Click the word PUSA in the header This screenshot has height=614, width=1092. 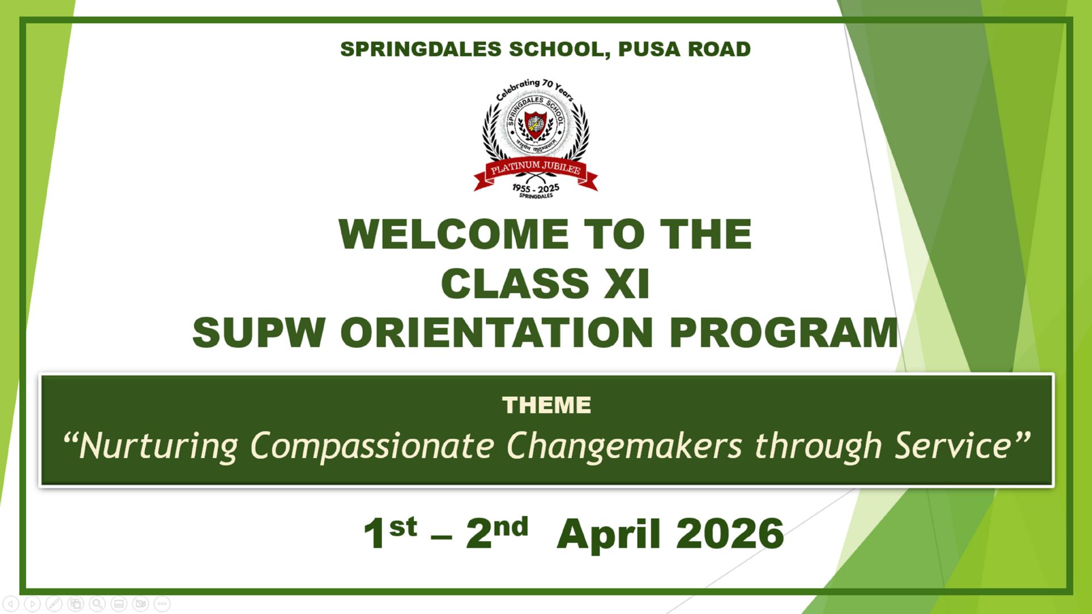(x=650, y=49)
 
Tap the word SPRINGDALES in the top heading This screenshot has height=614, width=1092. (x=420, y=49)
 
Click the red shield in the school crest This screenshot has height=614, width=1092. (x=535, y=125)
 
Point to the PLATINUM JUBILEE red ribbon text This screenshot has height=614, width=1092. (x=536, y=168)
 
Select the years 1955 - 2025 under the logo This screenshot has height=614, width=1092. (x=536, y=188)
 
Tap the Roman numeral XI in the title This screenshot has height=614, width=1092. (x=626, y=284)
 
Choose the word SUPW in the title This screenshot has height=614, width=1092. (x=259, y=333)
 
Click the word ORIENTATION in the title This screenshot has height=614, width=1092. (x=497, y=333)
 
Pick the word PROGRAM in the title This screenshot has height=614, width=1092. (x=784, y=333)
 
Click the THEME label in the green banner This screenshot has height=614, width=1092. (x=547, y=405)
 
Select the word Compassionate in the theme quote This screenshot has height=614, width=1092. (x=373, y=445)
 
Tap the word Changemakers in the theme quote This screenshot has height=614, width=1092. (x=624, y=445)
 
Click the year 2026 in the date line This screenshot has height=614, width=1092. (x=730, y=534)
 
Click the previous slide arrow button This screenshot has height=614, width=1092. (x=11, y=604)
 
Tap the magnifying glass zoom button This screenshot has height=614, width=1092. (x=97, y=604)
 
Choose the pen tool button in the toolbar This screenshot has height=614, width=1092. (x=54, y=604)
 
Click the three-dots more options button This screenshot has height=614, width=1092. (x=162, y=604)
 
